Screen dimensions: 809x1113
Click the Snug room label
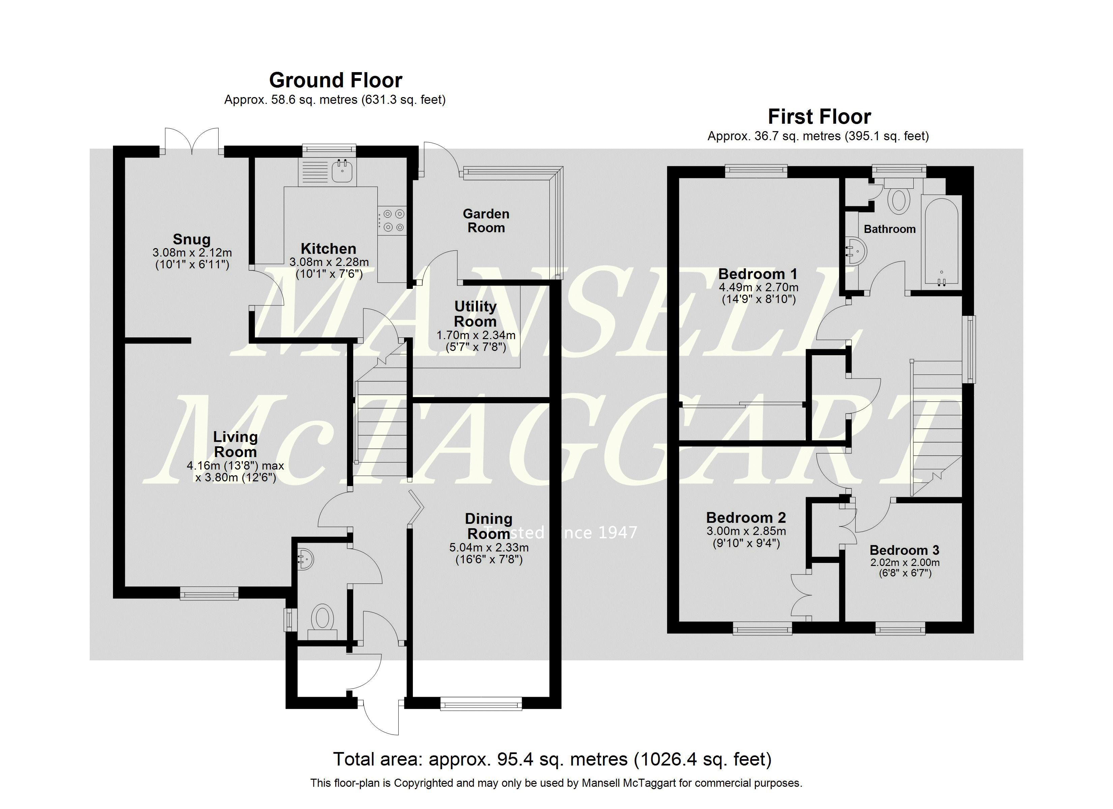coord(191,239)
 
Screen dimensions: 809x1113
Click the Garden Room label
coord(486,221)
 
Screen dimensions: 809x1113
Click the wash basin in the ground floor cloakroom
coord(306,559)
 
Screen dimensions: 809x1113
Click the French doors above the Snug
coord(192,141)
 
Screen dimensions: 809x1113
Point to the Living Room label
coord(235,444)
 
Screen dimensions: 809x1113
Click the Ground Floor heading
coord(336,80)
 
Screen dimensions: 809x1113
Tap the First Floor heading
coord(819,117)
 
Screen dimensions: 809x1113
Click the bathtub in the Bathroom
coord(941,240)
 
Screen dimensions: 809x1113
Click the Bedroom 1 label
coord(758,274)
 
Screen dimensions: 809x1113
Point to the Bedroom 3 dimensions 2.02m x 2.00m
coord(905,568)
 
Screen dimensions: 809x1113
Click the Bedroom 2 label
coord(745,517)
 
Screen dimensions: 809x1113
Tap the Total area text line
coord(552,759)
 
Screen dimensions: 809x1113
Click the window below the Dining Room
coord(481,705)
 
